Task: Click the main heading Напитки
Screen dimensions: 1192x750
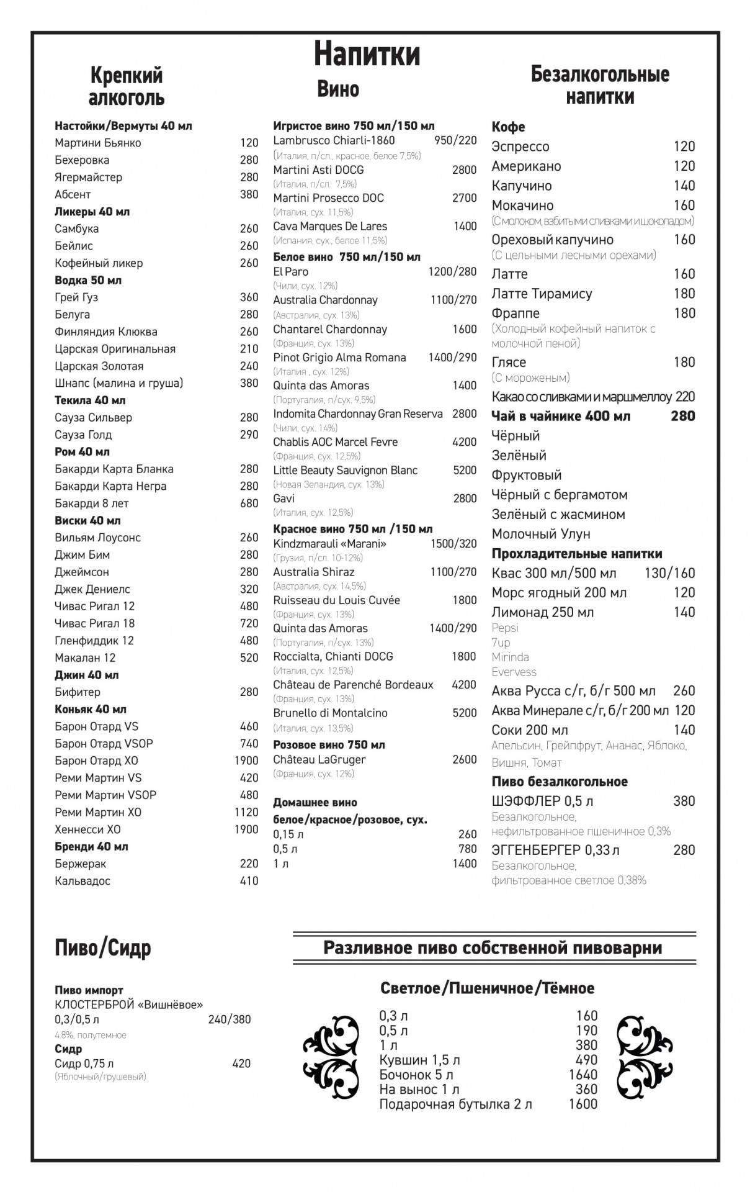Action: pos(367,53)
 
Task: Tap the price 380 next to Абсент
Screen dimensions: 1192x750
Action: pos(249,194)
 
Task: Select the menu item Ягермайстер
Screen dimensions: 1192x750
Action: pos(88,178)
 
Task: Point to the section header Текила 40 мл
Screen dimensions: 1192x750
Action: pos(90,400)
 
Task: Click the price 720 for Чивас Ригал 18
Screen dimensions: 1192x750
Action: pos(249,623)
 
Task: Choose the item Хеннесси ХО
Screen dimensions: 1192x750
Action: pos(87,829)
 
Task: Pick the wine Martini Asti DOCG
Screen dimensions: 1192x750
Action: pos(318,170)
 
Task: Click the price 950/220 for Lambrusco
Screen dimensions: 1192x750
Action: pos(455,140)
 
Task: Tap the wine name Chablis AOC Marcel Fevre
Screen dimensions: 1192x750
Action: pos(335,442)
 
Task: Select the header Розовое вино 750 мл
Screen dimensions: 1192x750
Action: pos(329,744)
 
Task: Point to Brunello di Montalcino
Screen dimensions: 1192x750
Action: pos(330,713)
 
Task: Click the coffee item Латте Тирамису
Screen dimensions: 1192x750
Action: pos(542,294)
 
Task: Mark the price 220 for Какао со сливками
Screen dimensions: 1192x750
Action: pos(685,397)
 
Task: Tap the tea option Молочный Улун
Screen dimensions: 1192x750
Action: pos(540,534)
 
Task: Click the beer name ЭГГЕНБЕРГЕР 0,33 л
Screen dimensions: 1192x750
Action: pos(555,850)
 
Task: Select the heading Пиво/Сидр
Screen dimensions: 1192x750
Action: pos(103,948)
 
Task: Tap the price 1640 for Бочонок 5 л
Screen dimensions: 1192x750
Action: pos(583,1075)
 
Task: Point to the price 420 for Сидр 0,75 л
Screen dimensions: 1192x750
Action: pos(241,1063)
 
